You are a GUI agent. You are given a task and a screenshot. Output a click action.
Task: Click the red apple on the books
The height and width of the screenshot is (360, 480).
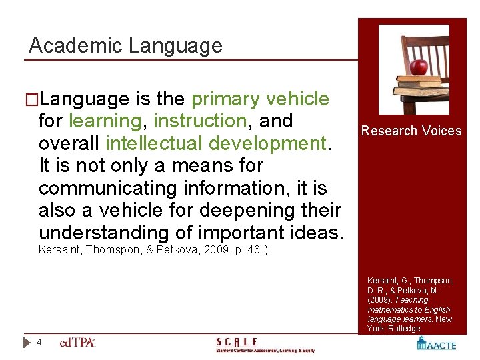click(419, 67)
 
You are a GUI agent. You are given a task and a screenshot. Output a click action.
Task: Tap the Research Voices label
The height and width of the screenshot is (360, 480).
click(411, 131)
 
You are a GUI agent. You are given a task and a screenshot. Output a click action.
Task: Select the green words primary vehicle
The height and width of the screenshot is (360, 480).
click(260, 99)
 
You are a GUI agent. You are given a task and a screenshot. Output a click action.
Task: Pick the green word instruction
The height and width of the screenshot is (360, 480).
click(199, 121)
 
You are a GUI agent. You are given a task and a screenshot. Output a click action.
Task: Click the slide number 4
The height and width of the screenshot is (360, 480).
click(39, 342)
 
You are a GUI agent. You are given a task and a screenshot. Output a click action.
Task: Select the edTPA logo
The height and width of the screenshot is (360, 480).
click(77, 342)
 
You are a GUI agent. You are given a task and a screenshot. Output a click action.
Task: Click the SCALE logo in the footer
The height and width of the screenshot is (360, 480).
click(265, 344)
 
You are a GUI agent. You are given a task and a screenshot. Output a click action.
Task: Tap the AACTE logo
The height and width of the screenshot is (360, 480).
click(436, 343)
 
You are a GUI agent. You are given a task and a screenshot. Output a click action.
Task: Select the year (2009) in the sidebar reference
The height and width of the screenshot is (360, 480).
click(379, 300)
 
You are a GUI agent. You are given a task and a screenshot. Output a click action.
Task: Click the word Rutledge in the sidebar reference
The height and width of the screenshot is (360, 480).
click(404, 329)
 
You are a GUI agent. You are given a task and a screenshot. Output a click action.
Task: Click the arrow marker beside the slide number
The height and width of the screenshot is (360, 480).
click(26, 342)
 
